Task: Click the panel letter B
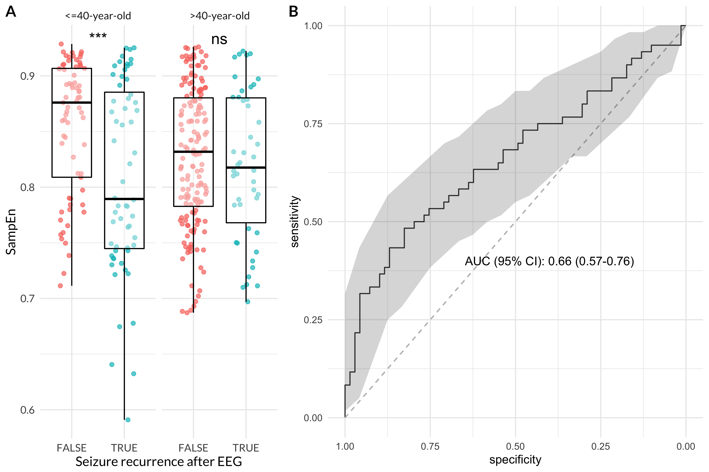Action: click(x=293, y=12)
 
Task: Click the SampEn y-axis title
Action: click(x=11, y=232)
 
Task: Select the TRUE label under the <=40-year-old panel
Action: click(x=124, y=448)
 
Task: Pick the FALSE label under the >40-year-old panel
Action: click(x=193, y=448)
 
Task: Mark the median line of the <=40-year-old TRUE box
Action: click(x=124, y=199)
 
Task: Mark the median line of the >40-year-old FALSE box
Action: click(x=193, y=152)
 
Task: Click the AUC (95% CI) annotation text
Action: click(x=549, y=261)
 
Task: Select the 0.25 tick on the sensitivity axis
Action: click(x=313, y=320)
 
